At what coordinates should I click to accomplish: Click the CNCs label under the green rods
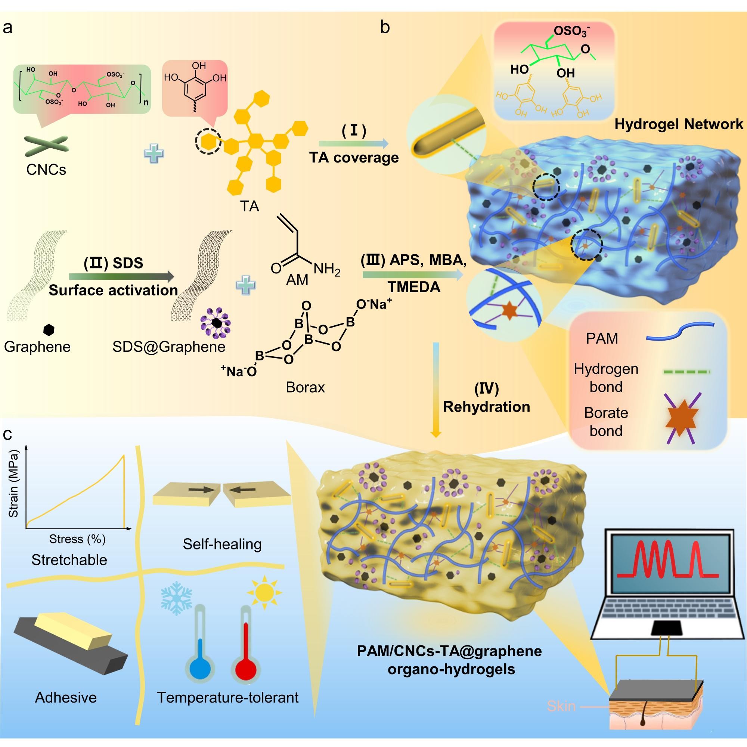pyautogui.click(x=46, y=169)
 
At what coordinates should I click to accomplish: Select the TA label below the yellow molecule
pyautogui.click(x=249, y=206)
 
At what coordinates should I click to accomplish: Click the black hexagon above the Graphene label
pyautogui.click(x=49, y=329)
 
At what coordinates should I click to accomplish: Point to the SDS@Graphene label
pyautogui.click(x=168, y=347)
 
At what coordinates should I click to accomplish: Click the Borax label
pyautogui.click(x=305, y=387)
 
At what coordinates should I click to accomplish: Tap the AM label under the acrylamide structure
pyautogui.click(x=297, y=279)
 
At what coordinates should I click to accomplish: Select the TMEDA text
pyautogui.click(x=414, y=287)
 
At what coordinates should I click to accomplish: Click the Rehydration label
pyautogui.click(x=486, y=407)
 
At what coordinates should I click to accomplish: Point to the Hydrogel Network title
pyautogui.click(x=679, y=124)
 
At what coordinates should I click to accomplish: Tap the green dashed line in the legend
pyautogui.click(x=686, y=372)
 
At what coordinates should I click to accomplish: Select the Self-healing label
pyautogui.click(x=222, y=544)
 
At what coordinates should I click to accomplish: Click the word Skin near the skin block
pyautogui.click(x=561, y=706)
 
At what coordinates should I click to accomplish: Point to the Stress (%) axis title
pyautogui.click(x=77, y=539)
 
